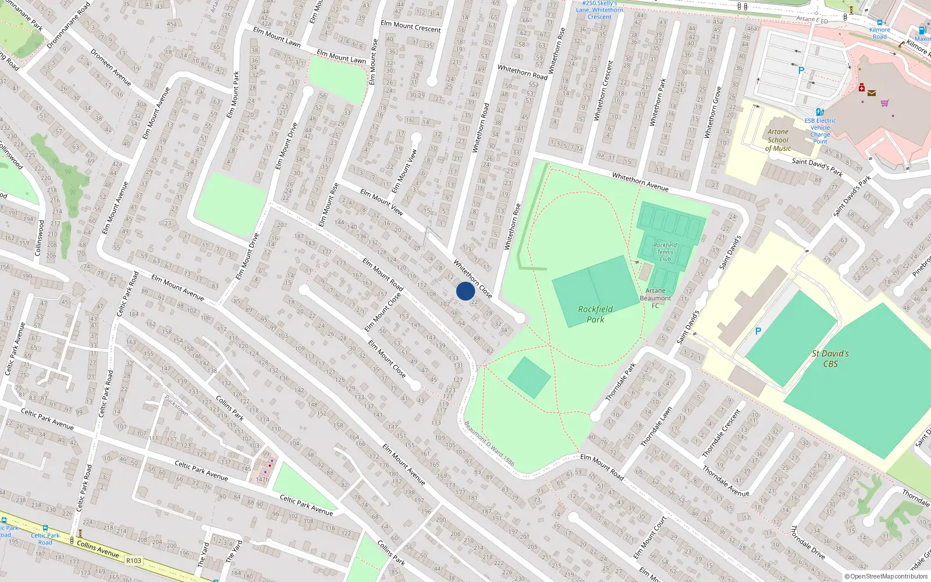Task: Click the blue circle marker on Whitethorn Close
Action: click(465, 291)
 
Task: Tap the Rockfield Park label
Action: click(595, 314)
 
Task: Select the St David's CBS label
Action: click(830, 359)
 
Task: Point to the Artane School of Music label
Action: click(778, 140)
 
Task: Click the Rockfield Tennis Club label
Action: click(665, 252)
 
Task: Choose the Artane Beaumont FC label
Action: click(655, 298)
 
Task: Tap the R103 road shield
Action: click(133, 560)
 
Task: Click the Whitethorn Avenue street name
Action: click(640, 182)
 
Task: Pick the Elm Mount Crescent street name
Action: click(411, 26)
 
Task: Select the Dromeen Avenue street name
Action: click(111, 67)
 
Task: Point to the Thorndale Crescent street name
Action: click(721, 433)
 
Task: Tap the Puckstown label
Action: click(176, 405)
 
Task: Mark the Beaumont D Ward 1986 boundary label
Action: click(489, 444)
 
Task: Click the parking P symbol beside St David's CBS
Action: click(758, 331)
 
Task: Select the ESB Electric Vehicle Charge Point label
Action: click(820, 131)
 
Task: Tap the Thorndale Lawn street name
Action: click(656, 427)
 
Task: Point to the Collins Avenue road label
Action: click(98, 548)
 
